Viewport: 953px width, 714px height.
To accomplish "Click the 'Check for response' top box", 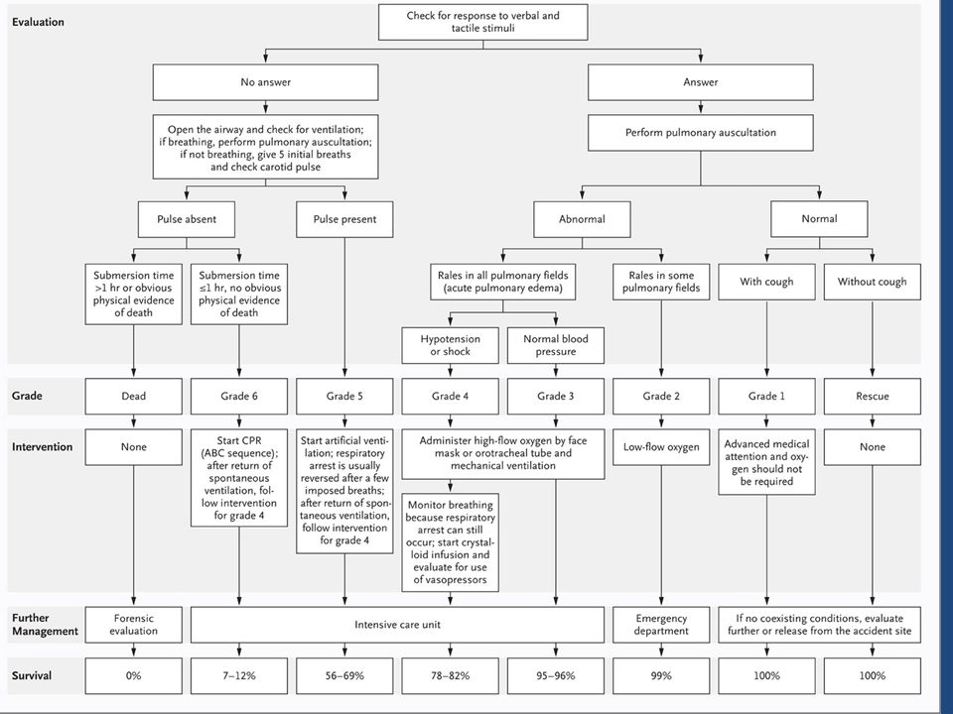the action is click(x=483, y=23).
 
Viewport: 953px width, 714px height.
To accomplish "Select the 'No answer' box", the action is click(x=266, y=82).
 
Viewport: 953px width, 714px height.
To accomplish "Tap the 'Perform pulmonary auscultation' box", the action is click(x=700, y=133).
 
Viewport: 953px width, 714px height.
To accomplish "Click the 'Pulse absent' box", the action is click(x=187, y=219).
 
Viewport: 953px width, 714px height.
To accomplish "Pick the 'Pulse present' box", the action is click(x=344, y=219).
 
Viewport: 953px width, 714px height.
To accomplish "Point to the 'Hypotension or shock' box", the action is click(x=451, y=345).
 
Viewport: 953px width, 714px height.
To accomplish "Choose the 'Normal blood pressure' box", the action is click(x=556, y=345).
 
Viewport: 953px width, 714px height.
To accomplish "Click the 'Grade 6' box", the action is click(x=239, y=397).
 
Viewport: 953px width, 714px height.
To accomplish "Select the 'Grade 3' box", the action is click(x=556, y=397).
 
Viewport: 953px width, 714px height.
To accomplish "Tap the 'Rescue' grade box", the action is click(x=873, y=397).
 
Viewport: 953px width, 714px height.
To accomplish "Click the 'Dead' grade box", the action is click(x=134, y=397).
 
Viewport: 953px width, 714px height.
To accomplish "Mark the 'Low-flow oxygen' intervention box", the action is click(x=661, y=447).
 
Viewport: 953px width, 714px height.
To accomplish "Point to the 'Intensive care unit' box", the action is click(x=397, y=625).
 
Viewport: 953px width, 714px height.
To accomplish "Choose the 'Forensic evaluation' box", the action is click(x=134, y=625).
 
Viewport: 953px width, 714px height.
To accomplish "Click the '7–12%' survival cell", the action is click(x=239, y=675).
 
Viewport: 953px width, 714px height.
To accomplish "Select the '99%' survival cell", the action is click(x=661, y=675).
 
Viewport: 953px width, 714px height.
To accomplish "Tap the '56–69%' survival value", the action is click(x=344, y=675).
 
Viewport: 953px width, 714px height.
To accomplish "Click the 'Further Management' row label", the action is click(x=45, y=625).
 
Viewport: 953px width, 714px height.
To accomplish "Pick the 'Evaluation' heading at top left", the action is click(x=38, y=22).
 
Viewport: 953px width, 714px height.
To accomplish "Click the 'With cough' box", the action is click(x=766, y=282).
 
